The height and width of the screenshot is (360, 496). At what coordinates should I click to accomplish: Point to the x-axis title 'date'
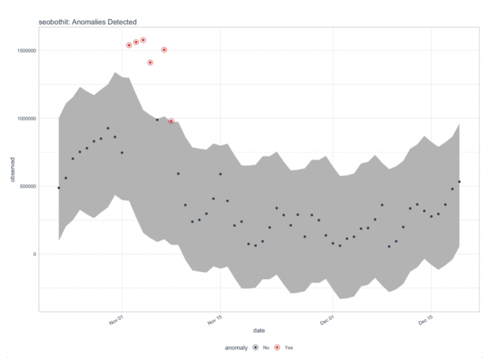pyautogui.click(x=258, y=331)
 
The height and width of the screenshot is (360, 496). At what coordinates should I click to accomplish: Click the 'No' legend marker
pyautogui.click(x=256, y=348)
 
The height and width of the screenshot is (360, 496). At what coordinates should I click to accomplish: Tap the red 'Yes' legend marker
pyautogui.click(x=277, y=348)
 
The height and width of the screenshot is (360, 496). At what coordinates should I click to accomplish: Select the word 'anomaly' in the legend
pyautogui.click(x=236, y=348)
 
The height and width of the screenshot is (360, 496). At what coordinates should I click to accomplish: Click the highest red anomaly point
pyautogui.click(x=143, y=40)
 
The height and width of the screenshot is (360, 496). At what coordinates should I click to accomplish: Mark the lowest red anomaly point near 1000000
pyautogui.click(x=171, y=121)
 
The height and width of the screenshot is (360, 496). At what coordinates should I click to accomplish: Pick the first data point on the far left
pyautogui.click(x=59, y=187)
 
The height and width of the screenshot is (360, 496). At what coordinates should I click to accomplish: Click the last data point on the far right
pyautogui.click(x=459, y=182)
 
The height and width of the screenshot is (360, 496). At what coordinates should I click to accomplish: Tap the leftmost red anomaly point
pyautogui.click(x=129, y=45)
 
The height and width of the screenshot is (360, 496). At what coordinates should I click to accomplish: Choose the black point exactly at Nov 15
pyautogui.click(x=220, y=174)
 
